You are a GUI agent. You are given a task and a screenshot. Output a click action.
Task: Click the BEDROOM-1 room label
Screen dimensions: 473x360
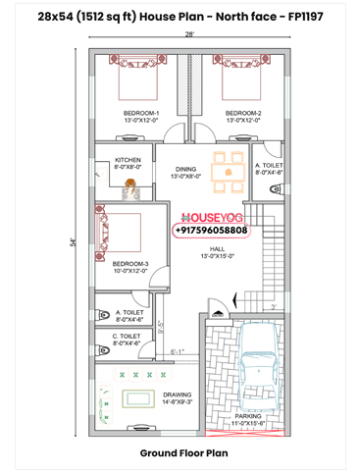click(141, 113)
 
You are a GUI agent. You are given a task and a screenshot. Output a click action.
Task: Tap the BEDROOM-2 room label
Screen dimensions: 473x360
click(243, 113)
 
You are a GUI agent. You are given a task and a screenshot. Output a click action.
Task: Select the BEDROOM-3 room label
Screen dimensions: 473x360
click(129, 264)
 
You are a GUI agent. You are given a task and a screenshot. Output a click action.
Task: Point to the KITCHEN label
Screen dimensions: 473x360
click(129, 160)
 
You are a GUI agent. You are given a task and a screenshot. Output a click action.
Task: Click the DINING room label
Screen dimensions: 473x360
click(186, 169)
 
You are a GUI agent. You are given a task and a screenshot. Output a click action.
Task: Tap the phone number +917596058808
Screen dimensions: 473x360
click(211, 230)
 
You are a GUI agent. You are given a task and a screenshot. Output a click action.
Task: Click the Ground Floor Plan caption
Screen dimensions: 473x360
click(183, 453)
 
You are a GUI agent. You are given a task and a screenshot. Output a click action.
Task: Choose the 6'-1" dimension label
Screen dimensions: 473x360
click(179, 350)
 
